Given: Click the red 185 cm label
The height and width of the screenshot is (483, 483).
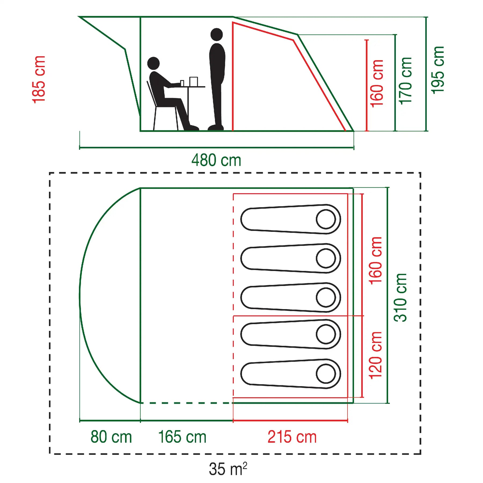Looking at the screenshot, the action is pyautogui.click(x=39, y=79).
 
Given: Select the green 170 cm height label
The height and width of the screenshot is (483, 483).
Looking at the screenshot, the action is pyautogui.click(x=405, y=81).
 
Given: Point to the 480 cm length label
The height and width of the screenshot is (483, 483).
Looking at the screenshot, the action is pyautogui.click(x=216, y=160).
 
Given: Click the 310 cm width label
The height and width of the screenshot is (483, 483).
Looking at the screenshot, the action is pyautogui.click(x=400, y=298).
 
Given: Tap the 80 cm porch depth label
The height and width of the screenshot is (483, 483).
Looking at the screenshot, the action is pyautogui.click(x=111, y=437).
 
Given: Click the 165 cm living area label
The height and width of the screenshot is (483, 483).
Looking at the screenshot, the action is pyautogui.click(x=182, y=437).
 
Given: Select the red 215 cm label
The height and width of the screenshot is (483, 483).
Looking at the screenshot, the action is pyautogui.click(x=292, y=437).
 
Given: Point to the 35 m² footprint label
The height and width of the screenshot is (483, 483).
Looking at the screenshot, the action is pyautogui.click(x=228, y=469).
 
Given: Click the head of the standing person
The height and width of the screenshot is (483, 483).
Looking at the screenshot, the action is pyautogui.click(x=217, y=35).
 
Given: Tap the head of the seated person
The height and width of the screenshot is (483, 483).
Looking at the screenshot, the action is pyautogui.click(x=153, y=63).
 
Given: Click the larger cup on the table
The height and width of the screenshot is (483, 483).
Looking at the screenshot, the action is pyautogui.click(x=193, y=82).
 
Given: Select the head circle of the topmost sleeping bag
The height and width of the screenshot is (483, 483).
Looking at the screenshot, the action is pyautogui.click(x=326, y=219).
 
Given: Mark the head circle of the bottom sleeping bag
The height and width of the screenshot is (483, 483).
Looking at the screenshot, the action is pyautogui.click(x=326, y=374).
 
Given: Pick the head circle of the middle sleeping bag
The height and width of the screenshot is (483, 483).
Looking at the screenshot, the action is pyautogui.click(x=326, y=297).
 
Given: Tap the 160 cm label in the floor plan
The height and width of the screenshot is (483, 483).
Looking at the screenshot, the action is pyautogui.click(x=375, y=261).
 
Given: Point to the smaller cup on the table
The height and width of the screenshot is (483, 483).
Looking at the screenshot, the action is pyautogui.click(x=182, y=83).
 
